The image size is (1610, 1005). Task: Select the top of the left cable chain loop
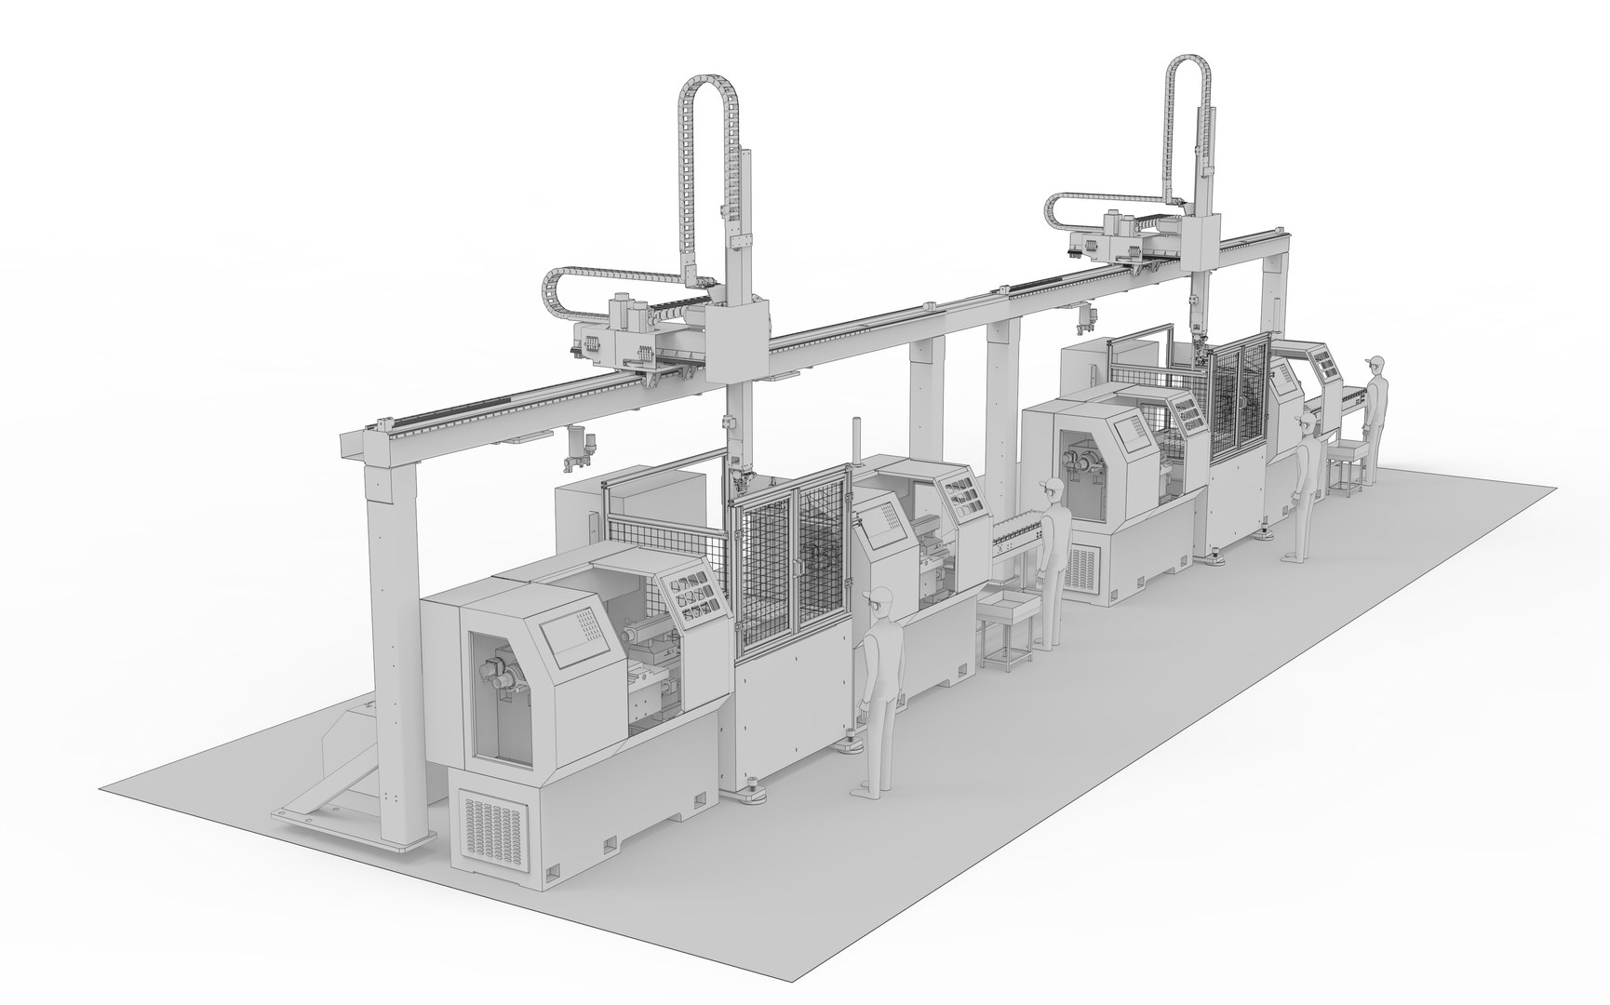pyautogui.click(x=710, y=82)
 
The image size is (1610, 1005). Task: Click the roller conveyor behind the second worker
pyautogui.click(x=1017, y=537)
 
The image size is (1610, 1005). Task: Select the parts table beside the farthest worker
pyautogui.click(x=1349, y=461)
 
